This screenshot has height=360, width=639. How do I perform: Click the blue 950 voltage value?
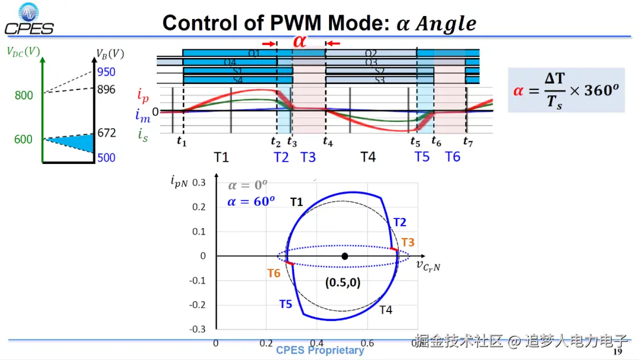[x=106, y=72]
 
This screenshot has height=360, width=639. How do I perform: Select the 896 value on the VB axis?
[x=106, y=90]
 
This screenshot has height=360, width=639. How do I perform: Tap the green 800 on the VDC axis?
[x=24, y=95]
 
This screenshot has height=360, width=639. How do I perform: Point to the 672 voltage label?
[x=106, y=133]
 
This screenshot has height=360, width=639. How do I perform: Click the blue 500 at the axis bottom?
[x=106, y=157]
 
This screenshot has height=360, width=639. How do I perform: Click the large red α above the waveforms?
[x=300, y=41]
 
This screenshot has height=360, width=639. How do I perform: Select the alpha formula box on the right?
[x=566, y=90]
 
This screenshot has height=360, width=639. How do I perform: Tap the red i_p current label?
[x=143, y=94]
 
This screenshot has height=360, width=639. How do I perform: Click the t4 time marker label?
[x=328, y=142]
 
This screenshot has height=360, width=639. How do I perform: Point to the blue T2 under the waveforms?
[x=281, y=157]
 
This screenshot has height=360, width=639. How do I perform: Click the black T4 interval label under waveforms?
[x=368, y=157]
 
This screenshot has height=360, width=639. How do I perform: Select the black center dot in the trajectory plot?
[x=345, y=256]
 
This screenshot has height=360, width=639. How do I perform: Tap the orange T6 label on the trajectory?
[x=273, y=273]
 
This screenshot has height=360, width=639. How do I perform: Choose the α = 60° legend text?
[x=251, y=201]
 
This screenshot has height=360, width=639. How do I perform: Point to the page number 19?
[x=618, y=352]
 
